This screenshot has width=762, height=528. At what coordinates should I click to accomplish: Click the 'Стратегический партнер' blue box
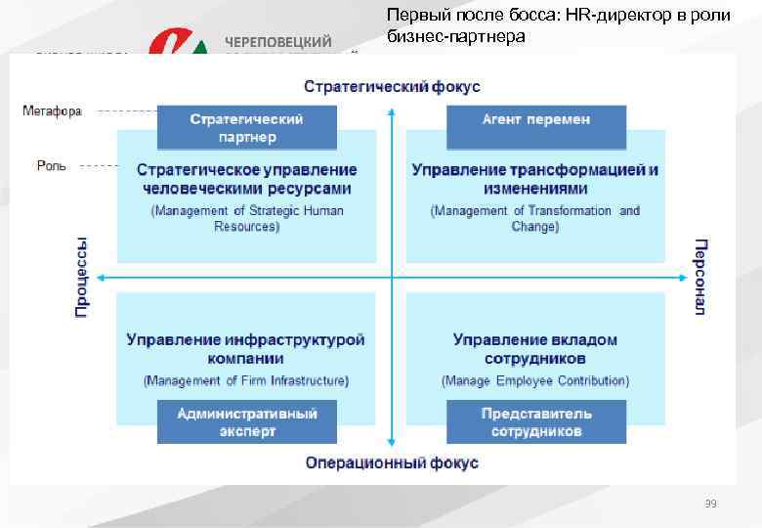[x=246, y=128]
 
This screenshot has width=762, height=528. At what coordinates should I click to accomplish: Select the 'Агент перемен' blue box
[x=535, y=119]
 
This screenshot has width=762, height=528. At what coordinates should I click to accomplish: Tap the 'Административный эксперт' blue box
[x=246, y=421]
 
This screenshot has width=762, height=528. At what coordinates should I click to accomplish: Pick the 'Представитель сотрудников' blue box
[x=535, y=421]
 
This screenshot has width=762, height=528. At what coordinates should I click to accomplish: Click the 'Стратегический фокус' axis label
[x=392, y=87]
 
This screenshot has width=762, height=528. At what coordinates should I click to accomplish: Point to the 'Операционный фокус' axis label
[x=392, y=462]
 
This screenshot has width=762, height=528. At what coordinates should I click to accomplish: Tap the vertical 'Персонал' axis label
[x=700, y=276]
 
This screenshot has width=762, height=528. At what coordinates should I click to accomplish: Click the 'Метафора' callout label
[x=52, y=111]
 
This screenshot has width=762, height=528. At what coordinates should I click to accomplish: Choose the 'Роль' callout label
[x=52, y=166]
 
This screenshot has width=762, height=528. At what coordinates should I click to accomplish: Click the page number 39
[x=710, y=504]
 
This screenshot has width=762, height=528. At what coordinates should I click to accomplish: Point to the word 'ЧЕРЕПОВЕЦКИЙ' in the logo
[x=279, y=42]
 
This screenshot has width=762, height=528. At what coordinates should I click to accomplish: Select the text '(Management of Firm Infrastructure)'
[x=246, y=380]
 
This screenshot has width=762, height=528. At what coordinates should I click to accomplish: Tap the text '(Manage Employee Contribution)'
[x=535, y=380]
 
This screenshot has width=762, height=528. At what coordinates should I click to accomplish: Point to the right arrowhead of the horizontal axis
[x=683, y=278]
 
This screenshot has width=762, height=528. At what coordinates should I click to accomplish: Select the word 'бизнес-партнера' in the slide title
[x=455, y=37]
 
